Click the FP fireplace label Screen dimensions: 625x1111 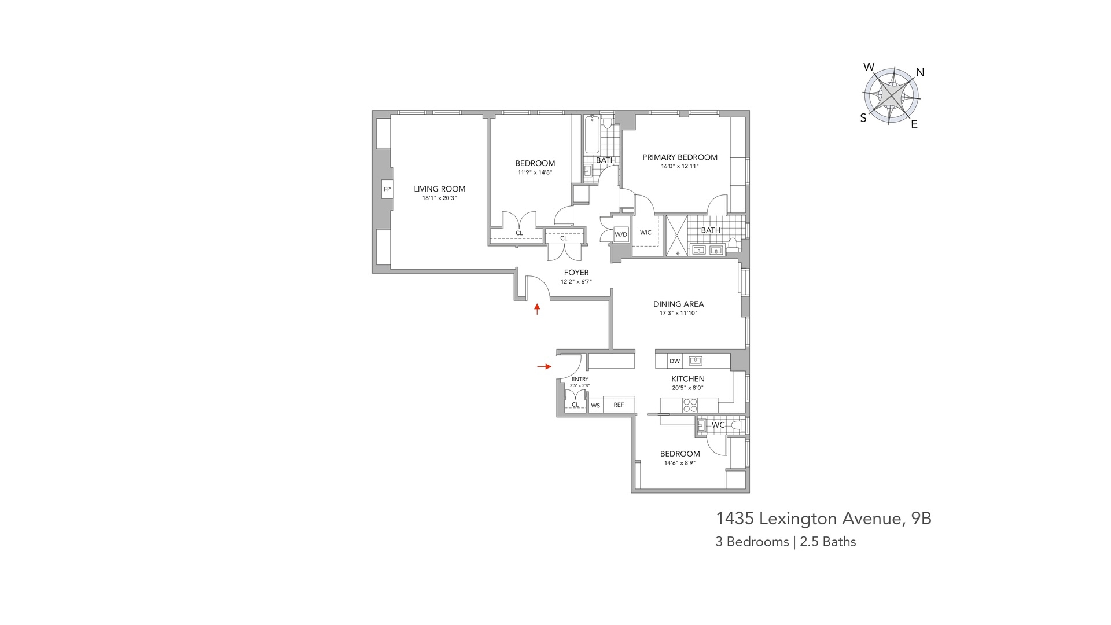point(387,189)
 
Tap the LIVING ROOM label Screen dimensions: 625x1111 point(439,189)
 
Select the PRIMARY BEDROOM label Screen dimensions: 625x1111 point(679,157)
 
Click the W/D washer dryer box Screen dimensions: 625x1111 point(621,234)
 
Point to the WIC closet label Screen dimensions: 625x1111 point(646,233)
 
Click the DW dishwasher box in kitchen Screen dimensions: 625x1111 point(675,361)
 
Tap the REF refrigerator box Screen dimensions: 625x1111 point(619,405)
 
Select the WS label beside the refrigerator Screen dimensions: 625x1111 point(595,406)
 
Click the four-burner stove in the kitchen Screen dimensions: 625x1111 point(690,405)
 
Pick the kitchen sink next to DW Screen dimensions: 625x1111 point(696,361)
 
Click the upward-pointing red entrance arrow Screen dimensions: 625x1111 point(537,309)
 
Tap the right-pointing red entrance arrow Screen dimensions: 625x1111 point(544,366)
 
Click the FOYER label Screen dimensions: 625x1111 point(576,273)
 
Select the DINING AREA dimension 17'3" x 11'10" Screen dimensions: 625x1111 point(678,313)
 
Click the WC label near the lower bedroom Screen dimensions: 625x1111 point(718,425)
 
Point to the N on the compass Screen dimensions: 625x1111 point(920,72)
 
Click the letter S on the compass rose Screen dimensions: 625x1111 point(863,118)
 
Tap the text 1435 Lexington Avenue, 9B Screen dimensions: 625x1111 point(823,519)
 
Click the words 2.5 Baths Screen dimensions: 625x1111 point(827,542)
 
